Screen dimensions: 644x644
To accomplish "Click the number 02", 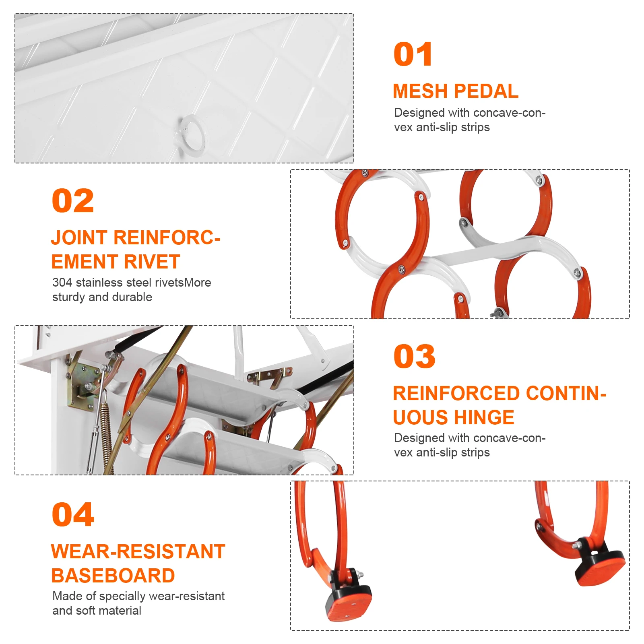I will (73, 201).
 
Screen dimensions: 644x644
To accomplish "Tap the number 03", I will (414, 357).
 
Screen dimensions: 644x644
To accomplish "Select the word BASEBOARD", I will (113, 576).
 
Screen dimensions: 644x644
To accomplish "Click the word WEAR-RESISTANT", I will (138, 552).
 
